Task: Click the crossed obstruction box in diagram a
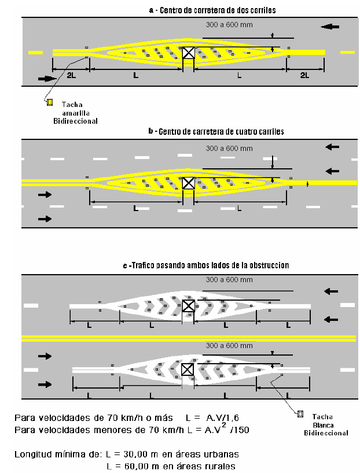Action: coord(189,53)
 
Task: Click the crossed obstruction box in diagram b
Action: coord(189,183)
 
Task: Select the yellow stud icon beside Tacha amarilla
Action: coord(50,102)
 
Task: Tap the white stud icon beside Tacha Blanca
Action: coord(300,414)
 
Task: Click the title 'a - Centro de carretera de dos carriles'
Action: coord(212,10)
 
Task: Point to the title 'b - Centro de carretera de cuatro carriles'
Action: coord(216,131)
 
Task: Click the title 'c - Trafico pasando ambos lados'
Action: coord(206,265)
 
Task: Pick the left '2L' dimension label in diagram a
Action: coord(71,75)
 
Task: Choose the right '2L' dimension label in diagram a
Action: coord(305,75)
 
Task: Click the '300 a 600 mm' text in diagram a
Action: coord(229,25)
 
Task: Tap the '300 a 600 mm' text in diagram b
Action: coord(229,149)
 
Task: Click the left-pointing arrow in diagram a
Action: coord(330,27)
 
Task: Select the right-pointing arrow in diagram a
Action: coord(47,79)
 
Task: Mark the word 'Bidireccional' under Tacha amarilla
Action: coord(75,121)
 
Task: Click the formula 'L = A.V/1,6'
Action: coord(212,418)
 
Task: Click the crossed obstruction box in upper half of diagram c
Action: coord(189,306)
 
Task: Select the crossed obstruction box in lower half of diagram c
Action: coord(188,369)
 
